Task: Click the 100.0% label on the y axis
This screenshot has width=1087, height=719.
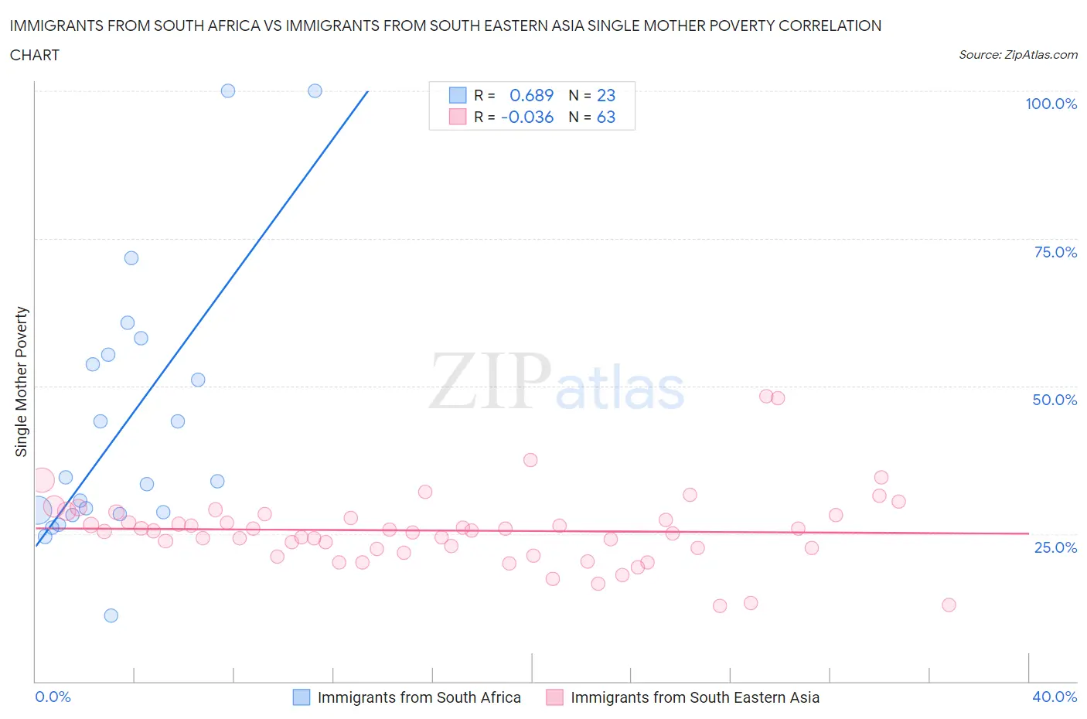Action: tap(1051, 104)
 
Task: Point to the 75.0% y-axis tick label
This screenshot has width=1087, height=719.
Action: tap(1055, 252)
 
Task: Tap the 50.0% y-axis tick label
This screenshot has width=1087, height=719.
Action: tap(1055, 400)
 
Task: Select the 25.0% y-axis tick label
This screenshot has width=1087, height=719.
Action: tap(1055, 547)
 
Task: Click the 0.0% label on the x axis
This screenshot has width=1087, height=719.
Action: tap(53, 697)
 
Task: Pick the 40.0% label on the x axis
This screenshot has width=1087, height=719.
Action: tap(1055, 697)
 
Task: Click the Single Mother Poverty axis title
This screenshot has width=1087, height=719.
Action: tap(22, 381)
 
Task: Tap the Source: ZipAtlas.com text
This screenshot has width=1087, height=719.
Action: tap(1017, 54)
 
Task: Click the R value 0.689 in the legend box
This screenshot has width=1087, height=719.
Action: tap(531, 95)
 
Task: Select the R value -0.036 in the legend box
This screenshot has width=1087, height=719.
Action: tap(527, 117)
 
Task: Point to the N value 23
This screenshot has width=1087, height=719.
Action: tap(606, 95)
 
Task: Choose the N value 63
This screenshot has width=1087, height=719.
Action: tap(606, 117)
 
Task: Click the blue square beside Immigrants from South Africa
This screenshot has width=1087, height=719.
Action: tap(302, 697)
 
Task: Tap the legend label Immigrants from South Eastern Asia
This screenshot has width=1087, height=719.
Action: tap(694, 697)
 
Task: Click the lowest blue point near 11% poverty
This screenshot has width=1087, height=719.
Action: tap(111, 615)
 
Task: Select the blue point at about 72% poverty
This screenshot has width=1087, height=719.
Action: tap(131, 258)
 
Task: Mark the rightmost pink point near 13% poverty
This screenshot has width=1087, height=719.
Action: tap(949, 605)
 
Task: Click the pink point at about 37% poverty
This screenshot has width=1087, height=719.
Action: tap(530, 460)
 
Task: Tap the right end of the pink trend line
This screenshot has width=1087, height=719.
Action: tap(1028, 533)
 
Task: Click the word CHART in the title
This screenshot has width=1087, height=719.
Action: tap(35, 55)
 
